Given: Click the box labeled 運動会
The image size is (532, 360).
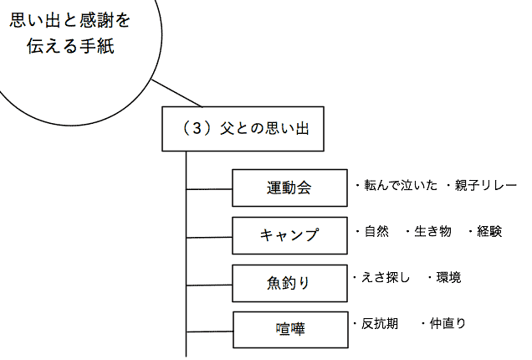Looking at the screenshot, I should point(289,188).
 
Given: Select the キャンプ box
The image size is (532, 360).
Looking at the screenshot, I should point(289,234).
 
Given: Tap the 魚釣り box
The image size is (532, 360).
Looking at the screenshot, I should point(289,282).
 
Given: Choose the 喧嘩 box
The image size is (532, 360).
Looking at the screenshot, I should point(289,329).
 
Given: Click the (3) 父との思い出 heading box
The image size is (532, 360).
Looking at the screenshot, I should point(242,129).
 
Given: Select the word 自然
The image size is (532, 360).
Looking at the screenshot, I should point(377,231).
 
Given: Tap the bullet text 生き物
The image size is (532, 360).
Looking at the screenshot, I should point(432,231).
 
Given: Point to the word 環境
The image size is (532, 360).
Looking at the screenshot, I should point(448,277).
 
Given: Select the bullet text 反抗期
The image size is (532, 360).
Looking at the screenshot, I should point(385,323).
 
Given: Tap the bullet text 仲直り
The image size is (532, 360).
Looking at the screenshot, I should point(448,323).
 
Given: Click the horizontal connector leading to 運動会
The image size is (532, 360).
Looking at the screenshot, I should point(209,190).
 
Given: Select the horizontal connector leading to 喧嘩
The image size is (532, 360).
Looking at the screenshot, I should point(209,332).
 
